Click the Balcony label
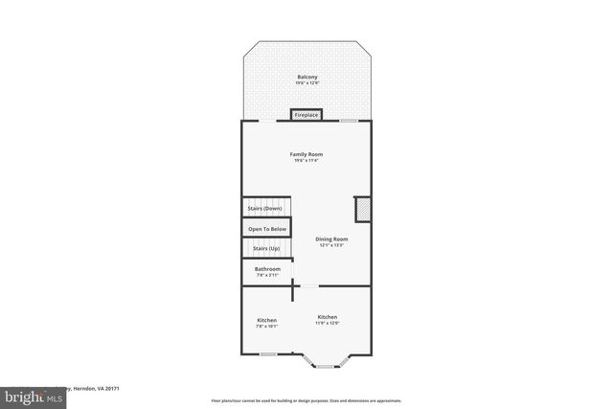(306, 77)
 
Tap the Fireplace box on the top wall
(306, 115)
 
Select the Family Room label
(306, 154)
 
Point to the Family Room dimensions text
(306, 161)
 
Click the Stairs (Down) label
(265, 208)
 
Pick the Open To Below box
(267, 229)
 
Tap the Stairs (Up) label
(266, 249)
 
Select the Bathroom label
(267, 269)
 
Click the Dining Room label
(332, 239)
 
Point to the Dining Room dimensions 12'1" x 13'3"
(332, 245)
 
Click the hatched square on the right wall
(363, 210)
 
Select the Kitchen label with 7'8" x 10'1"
(267, 319)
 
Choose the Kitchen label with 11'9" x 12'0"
(328, 317)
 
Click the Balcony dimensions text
(306, 83)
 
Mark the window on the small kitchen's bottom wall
(268, 354)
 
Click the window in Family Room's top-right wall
(350, 121)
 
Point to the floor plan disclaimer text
(306, 400)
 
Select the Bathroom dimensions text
(267, 276)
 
